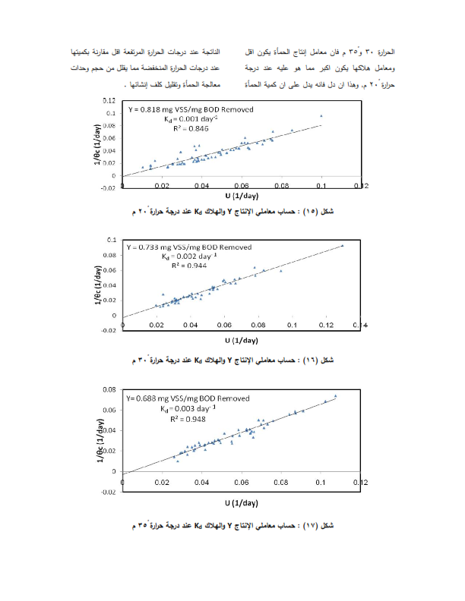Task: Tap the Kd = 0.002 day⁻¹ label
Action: click(x=187, y=257)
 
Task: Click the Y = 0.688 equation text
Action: click(x=187, y=397)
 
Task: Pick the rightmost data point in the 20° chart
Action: click(x=321, y=116)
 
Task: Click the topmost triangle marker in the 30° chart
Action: click(x=342, y=245)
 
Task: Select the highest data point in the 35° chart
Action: click(x=335, y=395)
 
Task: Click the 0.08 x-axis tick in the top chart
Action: click(x=281, y=185)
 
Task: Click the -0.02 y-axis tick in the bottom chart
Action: click(x=109, y=492)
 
